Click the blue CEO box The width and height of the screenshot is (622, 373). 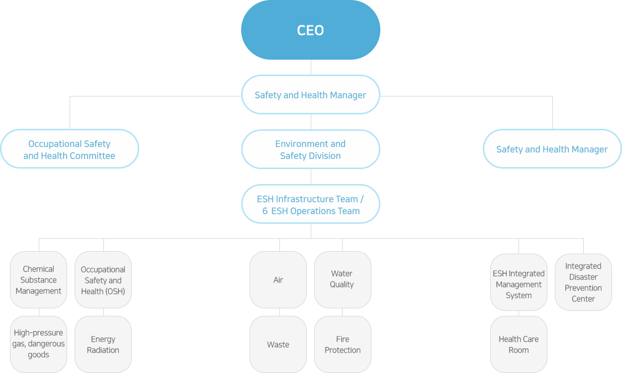(310, 30)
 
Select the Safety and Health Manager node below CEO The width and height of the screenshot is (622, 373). (310, 95)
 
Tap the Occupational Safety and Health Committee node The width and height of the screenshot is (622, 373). (69, 149)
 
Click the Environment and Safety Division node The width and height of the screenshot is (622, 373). (310, 149)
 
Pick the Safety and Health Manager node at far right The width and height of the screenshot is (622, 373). (552, 149)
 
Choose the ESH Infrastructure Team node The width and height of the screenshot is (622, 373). (310, 204)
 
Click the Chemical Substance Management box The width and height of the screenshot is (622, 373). (38, 280)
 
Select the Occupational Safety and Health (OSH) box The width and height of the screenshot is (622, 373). (103, 280)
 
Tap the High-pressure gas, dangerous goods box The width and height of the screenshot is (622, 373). (38, 344)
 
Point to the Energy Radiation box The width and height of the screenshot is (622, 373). (103, 344)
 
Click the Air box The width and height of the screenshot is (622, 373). (278, 280)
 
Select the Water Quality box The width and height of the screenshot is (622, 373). (342, 280)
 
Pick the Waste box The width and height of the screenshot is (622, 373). (278, 344)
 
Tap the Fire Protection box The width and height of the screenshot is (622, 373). (342, 344)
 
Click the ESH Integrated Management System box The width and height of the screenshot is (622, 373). (519, 283)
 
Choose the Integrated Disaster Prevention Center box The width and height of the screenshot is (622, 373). (583, 282)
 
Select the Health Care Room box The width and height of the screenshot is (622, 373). (519, 344)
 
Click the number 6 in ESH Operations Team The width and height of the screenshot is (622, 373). (265, 211)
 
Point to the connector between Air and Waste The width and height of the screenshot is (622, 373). (279, 312)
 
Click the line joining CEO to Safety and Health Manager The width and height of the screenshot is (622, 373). (311, 68)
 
